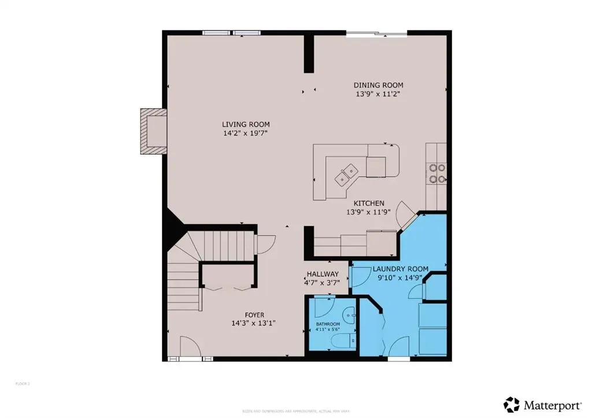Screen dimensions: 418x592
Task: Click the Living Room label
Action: [x=246, y=124]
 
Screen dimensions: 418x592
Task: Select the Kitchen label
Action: [x=369, y=203]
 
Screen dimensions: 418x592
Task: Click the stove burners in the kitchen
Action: [x=436, y=173]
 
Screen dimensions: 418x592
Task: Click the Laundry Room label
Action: [x=400, y=269]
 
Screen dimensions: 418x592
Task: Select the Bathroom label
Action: [x=328, y=324]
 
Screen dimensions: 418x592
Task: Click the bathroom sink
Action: [x=349, y=316]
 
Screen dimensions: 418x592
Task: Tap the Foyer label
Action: [x=250, y=315]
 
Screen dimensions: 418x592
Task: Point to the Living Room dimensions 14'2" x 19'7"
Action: [x=246, y=133]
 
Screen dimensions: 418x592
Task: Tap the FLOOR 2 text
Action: [x=21, y=383]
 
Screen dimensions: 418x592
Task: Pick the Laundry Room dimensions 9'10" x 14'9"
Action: [x=400, y=278]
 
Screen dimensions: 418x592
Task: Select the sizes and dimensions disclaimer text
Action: [x=295, y=410]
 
